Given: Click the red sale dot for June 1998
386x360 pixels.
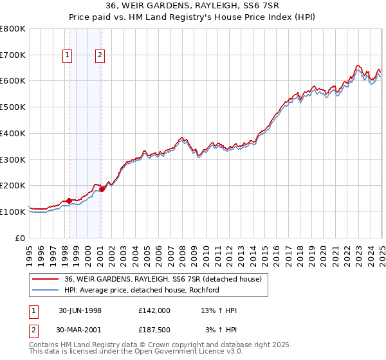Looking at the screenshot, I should point(69,201).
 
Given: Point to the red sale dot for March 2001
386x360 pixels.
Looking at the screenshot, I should point(102,189).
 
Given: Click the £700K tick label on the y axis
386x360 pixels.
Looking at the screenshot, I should point(13,55).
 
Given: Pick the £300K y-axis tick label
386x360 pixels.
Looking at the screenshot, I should point(13,159).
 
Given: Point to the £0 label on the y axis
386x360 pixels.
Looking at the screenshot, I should point(21,238).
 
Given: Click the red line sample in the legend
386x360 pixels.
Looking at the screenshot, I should point(46,280).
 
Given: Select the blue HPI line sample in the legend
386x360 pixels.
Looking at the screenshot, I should point(46,290).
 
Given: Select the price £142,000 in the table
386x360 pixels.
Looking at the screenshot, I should point(154,310).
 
